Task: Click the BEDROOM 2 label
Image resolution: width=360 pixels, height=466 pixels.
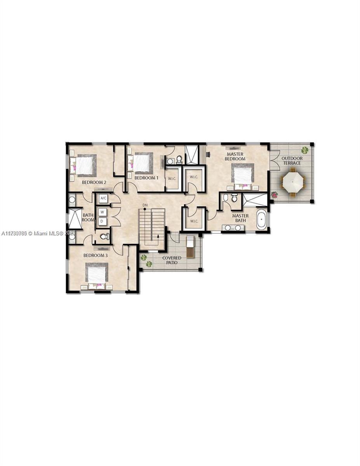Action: [94, 182]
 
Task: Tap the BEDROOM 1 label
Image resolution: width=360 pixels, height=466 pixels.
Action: [146, 178]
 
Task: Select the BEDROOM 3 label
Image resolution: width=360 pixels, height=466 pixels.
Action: [96, 256]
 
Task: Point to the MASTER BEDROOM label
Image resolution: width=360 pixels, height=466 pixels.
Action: [235, 156]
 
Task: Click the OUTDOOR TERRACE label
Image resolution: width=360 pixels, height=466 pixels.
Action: [291, 161]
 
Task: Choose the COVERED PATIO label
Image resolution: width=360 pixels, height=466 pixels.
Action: [172, 260]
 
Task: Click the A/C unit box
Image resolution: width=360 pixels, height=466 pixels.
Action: [103, 198]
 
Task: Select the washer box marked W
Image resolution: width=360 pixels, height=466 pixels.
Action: [102, 212]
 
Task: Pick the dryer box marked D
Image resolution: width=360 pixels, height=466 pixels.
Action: [102, 221]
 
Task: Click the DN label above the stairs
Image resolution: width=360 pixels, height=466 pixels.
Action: [145, 205]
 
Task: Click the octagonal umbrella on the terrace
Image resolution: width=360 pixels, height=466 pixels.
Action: [294, 181]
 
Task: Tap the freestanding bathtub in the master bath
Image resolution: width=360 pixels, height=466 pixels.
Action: [261, 220]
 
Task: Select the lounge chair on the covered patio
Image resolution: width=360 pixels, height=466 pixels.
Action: [190, 247]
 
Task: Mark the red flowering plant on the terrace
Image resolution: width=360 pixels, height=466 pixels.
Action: [275, 195]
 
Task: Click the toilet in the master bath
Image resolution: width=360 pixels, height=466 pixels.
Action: [234, 198]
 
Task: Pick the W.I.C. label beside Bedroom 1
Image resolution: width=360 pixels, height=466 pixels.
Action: [172, 179]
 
